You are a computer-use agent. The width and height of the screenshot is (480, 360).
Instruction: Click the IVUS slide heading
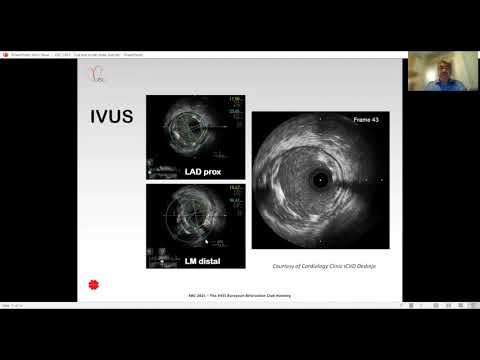[x=103, y=121]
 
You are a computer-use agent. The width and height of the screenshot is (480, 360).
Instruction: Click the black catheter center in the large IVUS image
[x=321, y=181]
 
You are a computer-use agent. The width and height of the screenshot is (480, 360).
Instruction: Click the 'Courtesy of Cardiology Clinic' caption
[x=325, y=266]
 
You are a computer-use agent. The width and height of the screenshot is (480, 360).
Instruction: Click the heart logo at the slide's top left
[x=97, y=73]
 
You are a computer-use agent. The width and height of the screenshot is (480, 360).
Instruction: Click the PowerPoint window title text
[x=70, y=54]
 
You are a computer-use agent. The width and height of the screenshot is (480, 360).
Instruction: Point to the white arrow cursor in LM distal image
[x=206, y=241]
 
